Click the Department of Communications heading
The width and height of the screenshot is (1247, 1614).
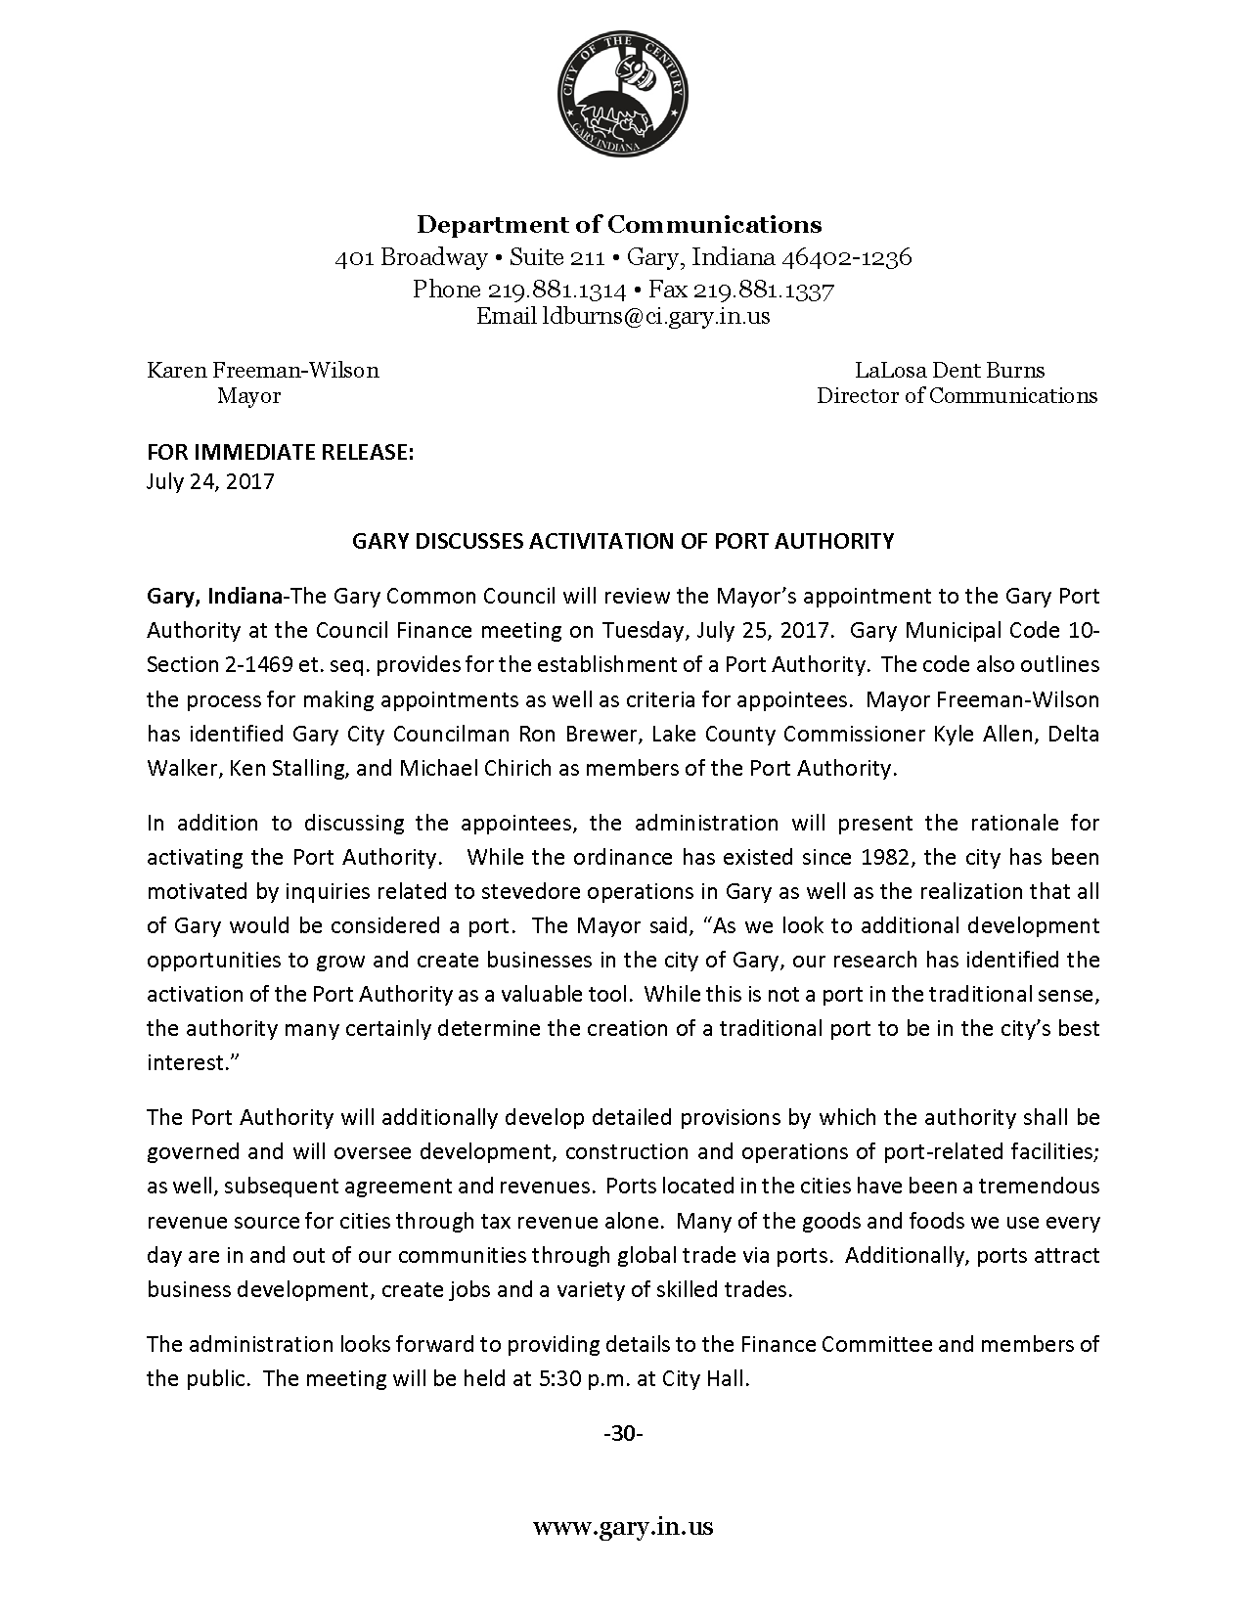tap(619, 225)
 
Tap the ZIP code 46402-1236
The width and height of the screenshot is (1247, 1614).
tap(844, 257)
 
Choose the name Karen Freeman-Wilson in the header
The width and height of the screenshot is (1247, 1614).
tap(262, 371)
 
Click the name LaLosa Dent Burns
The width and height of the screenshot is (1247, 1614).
tap(950, 371)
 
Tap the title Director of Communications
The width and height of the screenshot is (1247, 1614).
tap(957, 396)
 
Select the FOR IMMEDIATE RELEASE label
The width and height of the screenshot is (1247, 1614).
tap(281, 452)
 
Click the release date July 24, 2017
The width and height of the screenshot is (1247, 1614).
tap(210, 481)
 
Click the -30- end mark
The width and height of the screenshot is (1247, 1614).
tap(622, 1434)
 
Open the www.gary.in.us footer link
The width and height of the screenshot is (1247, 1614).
tap(622, 1527)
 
